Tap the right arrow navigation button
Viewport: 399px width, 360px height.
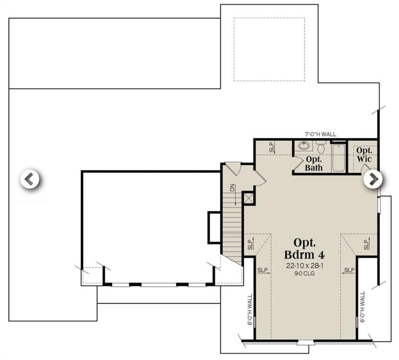pyautogui.click(x=373, y=179)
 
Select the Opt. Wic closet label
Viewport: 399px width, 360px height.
pyautogui.click(x=364, y=155)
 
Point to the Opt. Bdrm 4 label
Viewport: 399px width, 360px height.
pyautogui.click(x=304, y=248)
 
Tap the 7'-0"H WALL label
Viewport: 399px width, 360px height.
pyautogui.click(x=320, y=135)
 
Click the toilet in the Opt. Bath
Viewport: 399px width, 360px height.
pyautogui.click(x=321, y=147)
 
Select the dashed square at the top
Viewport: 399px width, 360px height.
pyautogui.click(x=269, y=49)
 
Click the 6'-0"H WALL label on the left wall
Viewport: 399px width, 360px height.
pyautogui.click(x=249, y=310)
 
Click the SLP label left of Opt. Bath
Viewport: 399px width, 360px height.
pyautogui.click(x=271, y=147)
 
